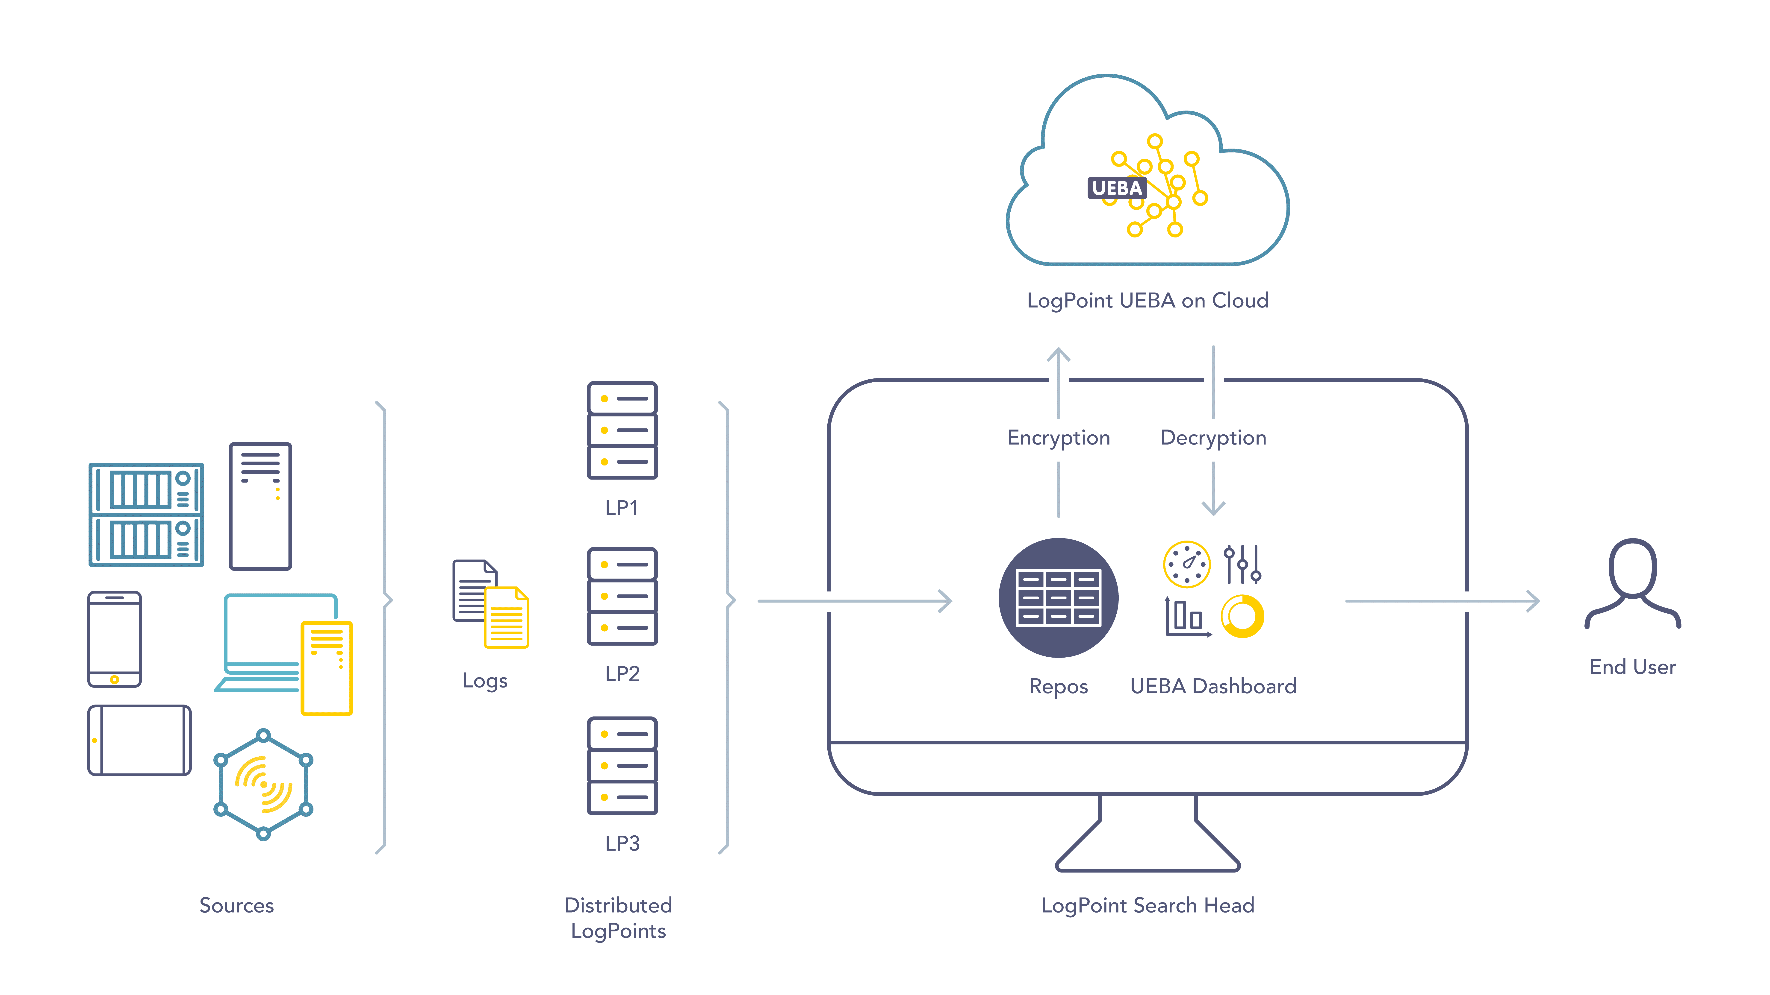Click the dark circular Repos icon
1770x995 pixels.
[1058, 597]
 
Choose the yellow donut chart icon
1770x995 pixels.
[1242, 616]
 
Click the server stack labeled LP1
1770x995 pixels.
[622, 430]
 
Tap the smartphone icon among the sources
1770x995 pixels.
[115, 639]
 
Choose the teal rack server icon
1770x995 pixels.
[146, 514]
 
